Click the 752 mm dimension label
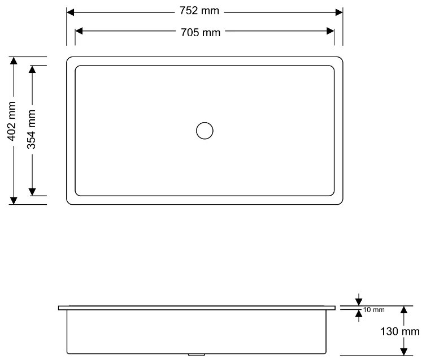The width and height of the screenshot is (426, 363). (x=199, y=11)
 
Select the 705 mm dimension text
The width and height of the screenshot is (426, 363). (x=201, y=33)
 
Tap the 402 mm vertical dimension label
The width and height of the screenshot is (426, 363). (x=11, y=121)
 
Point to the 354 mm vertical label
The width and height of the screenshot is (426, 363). (x=31, y=129)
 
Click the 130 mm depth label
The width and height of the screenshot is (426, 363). (x=400, y=331)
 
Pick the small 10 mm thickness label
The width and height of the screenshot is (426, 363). (x=374, y=310)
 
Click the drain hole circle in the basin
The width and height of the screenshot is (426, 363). (x=205, y=131)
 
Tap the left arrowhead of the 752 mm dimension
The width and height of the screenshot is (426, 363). (x=71, y=12)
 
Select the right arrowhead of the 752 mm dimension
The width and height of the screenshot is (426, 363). (x=339, y=12)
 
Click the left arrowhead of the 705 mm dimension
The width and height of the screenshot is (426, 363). (x=79, y=31)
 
